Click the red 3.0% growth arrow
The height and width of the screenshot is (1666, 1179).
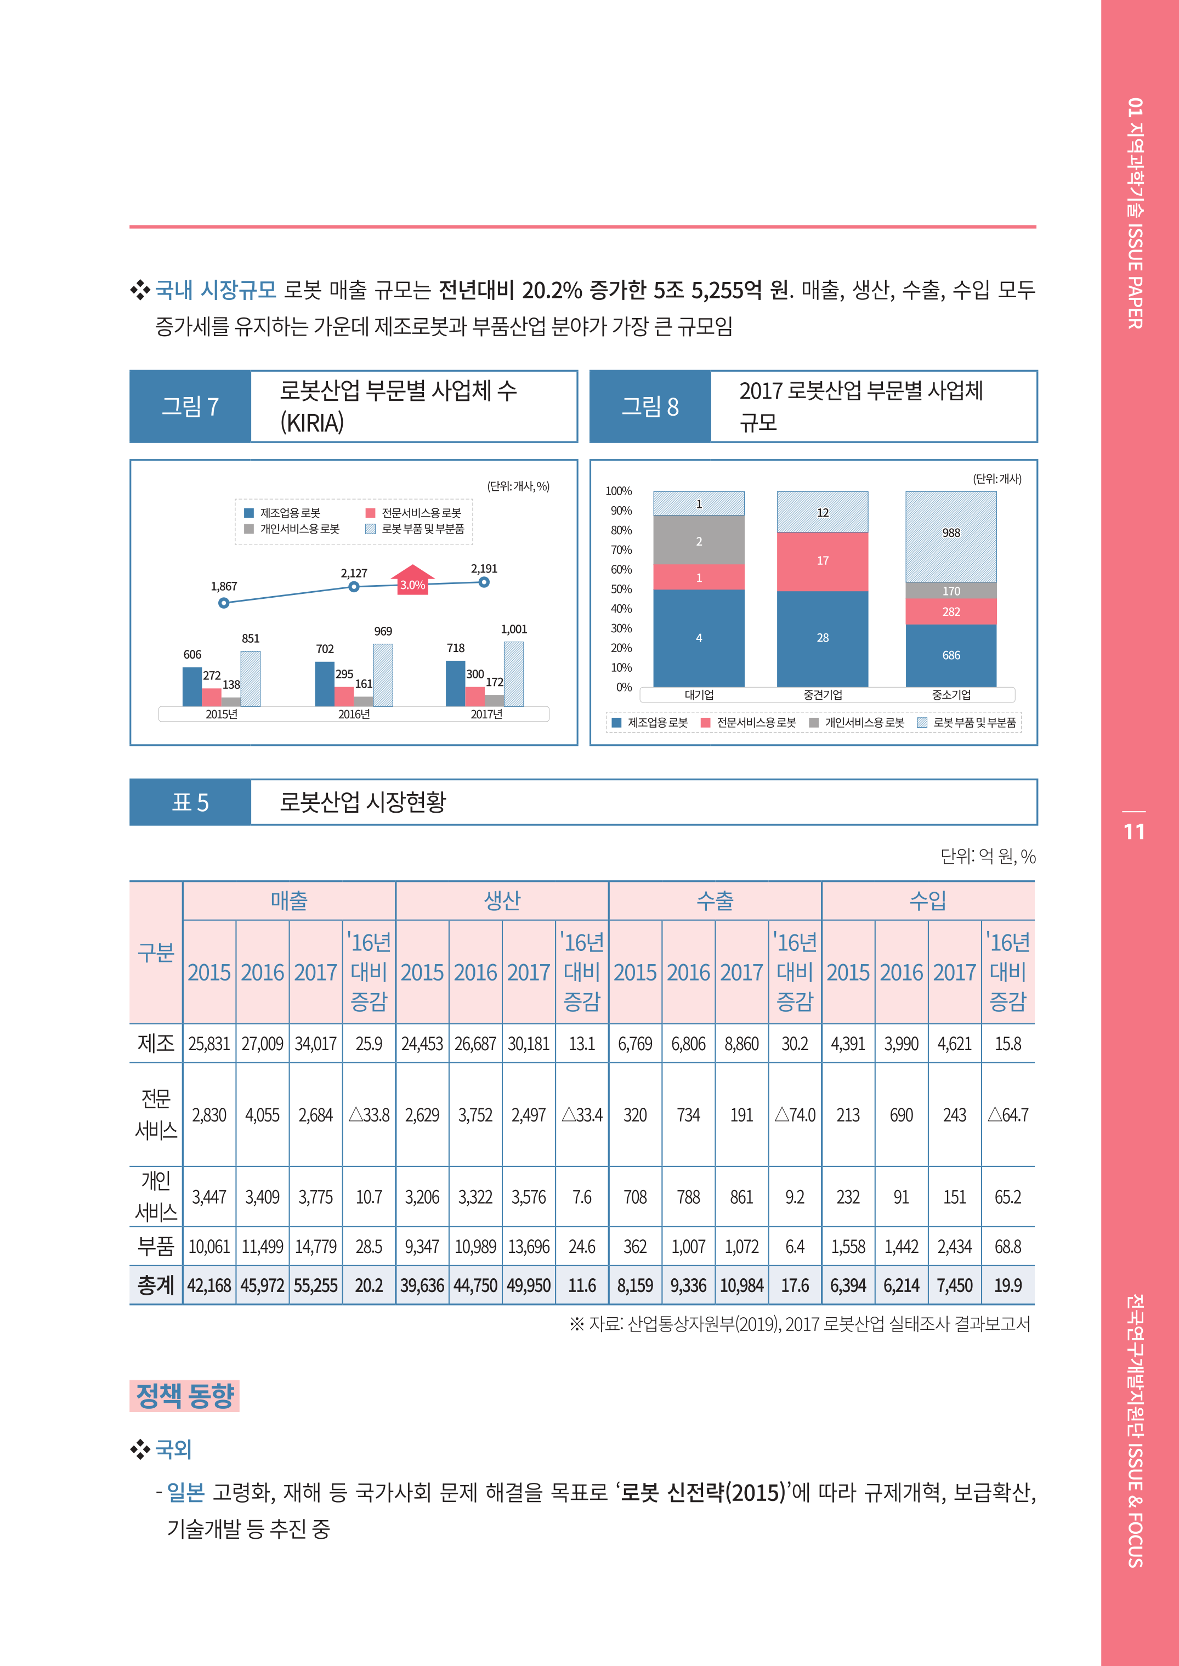click(412, 581)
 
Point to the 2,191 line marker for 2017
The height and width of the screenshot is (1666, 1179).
click(484, 582)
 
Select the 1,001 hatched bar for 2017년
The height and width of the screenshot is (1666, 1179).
click(513, 673)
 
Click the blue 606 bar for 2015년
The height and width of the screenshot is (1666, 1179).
click(192, 686)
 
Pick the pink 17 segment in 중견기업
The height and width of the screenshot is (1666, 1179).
click(822, 561)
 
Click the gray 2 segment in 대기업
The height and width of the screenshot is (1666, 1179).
click(699, 540)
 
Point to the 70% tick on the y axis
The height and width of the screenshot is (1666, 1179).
click(621, 550)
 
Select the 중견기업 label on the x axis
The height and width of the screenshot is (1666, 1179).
click(823, 695)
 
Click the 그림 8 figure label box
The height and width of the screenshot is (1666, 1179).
click(650, 406)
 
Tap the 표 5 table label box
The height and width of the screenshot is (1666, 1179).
click(190, 802)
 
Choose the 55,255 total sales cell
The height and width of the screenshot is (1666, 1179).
click(316, 1285)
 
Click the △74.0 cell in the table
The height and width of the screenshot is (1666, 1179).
click(795, 1115)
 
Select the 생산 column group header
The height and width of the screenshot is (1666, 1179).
click(502, 901)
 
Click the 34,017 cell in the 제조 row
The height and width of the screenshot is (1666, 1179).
click(316, 1044)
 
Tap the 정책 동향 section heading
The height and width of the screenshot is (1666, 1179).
click(184, 1395)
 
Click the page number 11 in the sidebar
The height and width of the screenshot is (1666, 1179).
click(1134, 832)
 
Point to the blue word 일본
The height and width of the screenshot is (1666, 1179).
click(185, 1493)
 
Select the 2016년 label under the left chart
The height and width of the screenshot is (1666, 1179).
click(354, 715)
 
